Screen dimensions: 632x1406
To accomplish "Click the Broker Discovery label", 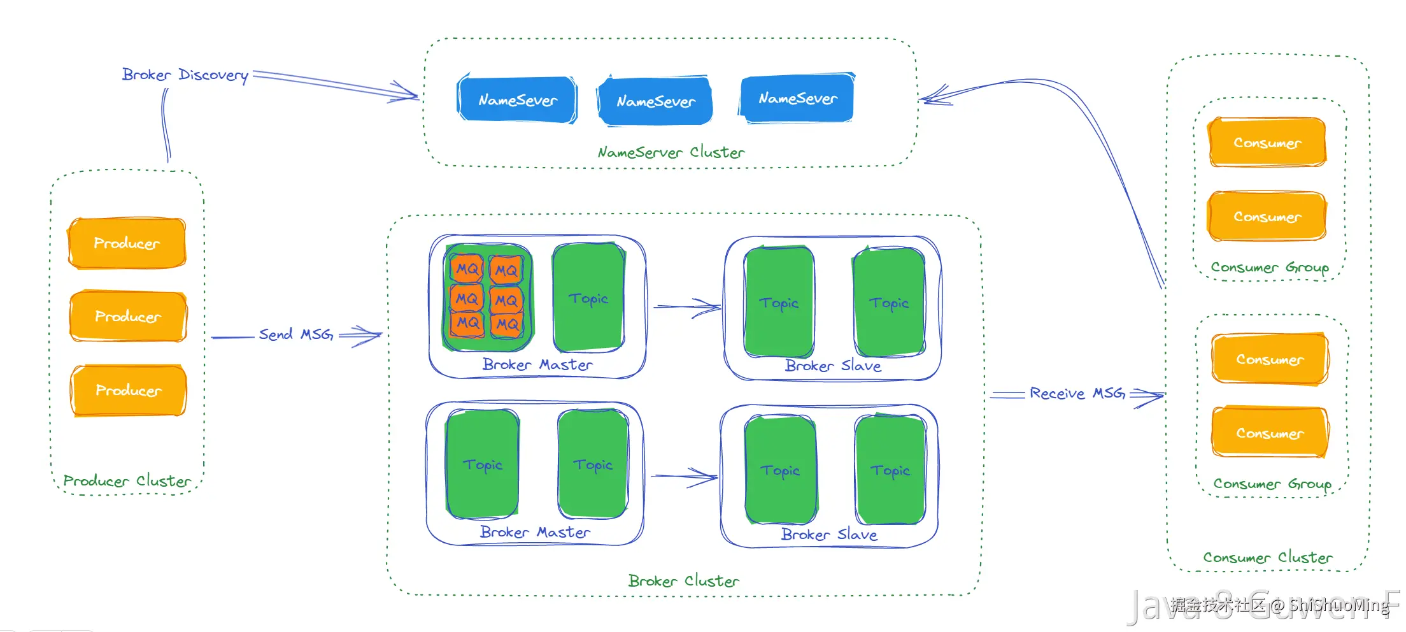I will [x=185, y=75].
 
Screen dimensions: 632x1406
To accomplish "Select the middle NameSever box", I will [x=655, y=101].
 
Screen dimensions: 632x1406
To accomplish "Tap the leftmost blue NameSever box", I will [x=517, y=100].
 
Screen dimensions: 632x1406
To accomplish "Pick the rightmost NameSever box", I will [x=797, y=99].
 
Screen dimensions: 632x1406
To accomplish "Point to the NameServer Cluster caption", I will [x=671, y=152].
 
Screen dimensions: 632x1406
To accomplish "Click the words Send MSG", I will [x=295, y=334].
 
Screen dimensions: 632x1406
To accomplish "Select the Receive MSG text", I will [x=1077, y=394].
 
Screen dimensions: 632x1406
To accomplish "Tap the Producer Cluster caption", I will [x=127, y=481].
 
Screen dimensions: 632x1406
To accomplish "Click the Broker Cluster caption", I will [x=683, y=581].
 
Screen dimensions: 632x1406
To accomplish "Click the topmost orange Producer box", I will [x=127, y=243].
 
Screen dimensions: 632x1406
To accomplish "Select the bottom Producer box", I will [x=129, y=391].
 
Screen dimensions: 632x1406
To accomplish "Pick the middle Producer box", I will [x=128, y=317].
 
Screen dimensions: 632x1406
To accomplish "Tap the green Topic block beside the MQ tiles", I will [x=588, y=298].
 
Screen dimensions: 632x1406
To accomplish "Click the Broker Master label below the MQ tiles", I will [x=537, y=365].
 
